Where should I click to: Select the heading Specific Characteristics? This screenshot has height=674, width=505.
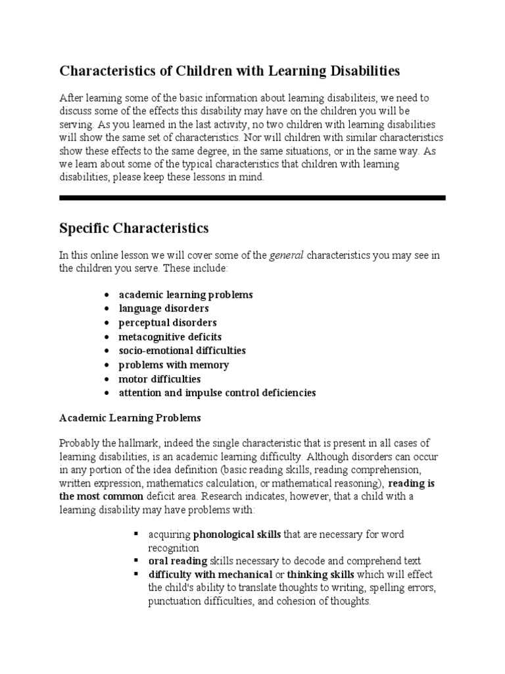tap(134, 228)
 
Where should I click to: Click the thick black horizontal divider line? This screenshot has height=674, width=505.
tap(252, 197)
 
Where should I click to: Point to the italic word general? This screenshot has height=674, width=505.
tap(287, 255)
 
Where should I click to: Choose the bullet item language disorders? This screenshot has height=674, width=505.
tap(164, 308)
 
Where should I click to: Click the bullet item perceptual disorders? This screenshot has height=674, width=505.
tap(168, 323)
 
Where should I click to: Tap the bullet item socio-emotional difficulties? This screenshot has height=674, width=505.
tap(182, 351)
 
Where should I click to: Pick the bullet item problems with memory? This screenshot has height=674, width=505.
tap(174, 365)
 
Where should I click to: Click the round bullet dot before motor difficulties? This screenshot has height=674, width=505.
tap(107, 380)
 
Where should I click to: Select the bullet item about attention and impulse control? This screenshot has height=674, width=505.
tap(217, 393)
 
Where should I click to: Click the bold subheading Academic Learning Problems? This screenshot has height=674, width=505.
tap(130, 418)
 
